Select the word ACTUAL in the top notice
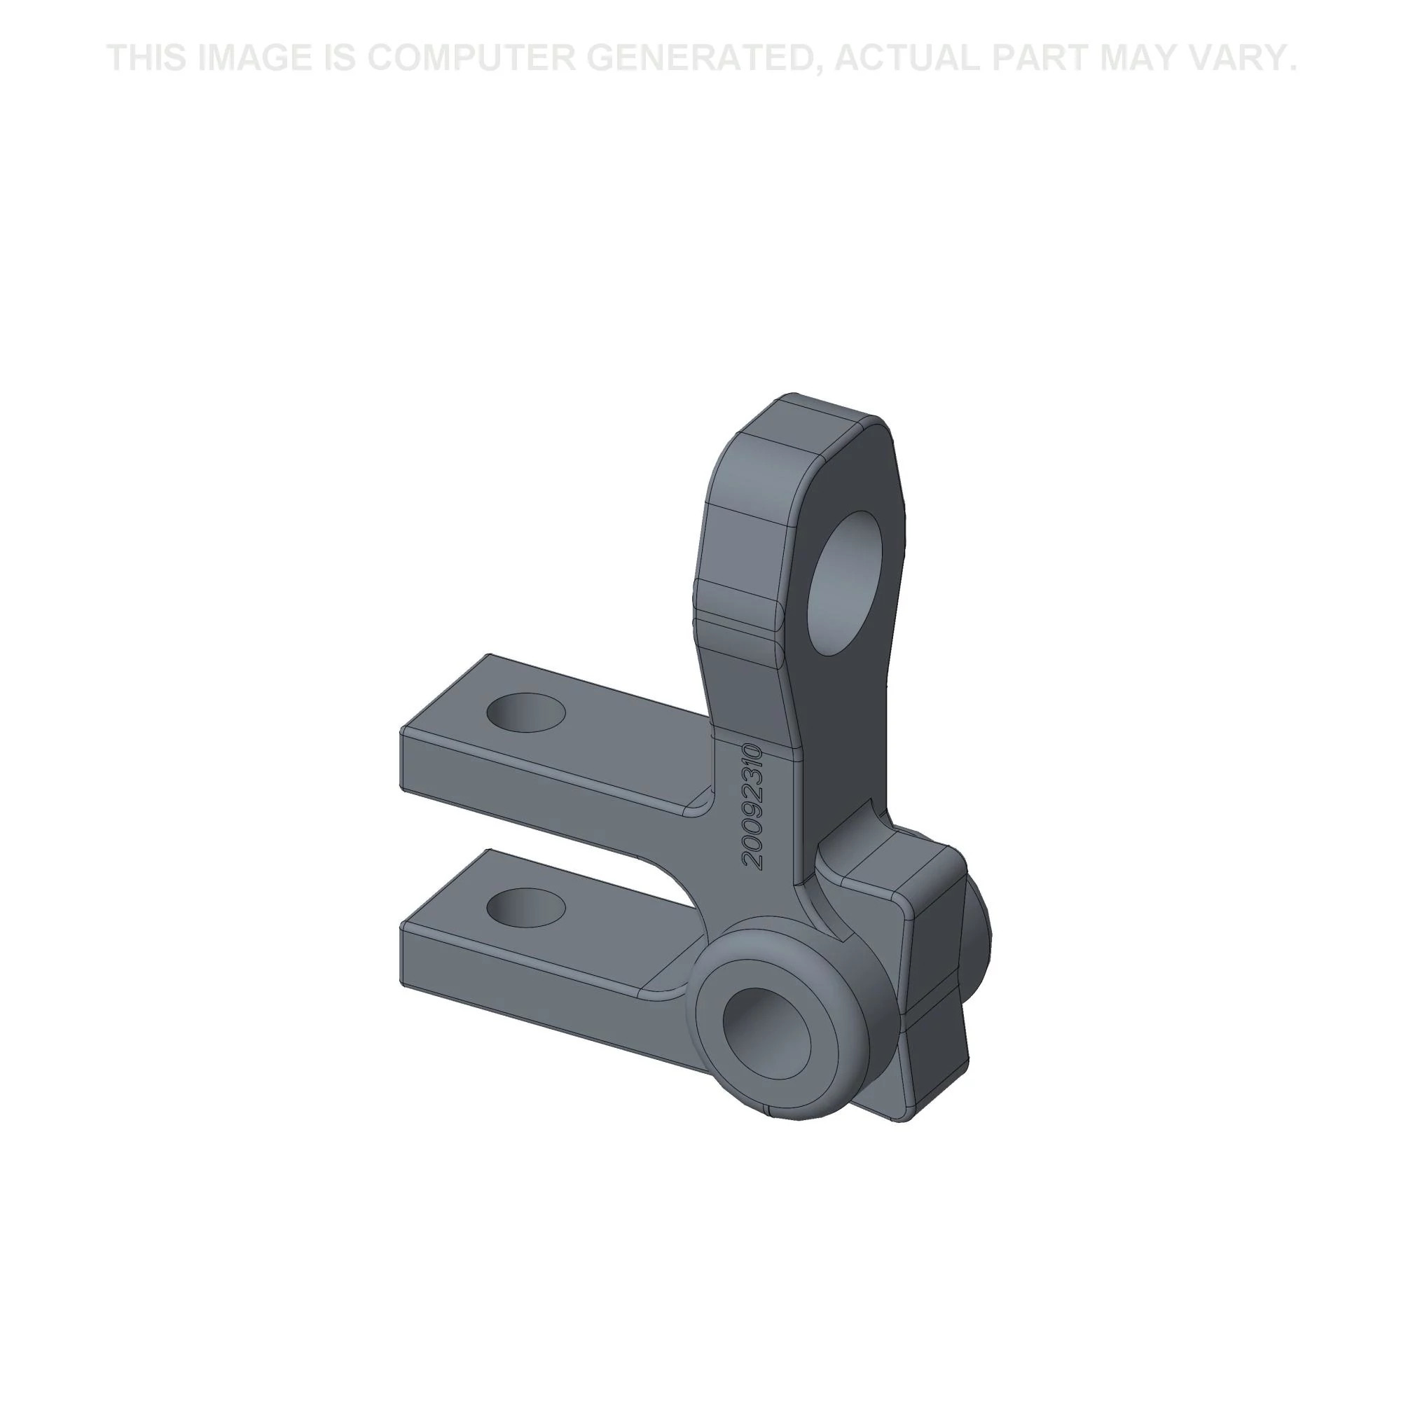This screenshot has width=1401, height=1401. (907, 58)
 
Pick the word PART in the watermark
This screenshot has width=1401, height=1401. (1041, 58)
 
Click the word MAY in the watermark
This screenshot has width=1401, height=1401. (1138, 58)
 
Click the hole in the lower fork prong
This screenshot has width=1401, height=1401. (527, 908)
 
